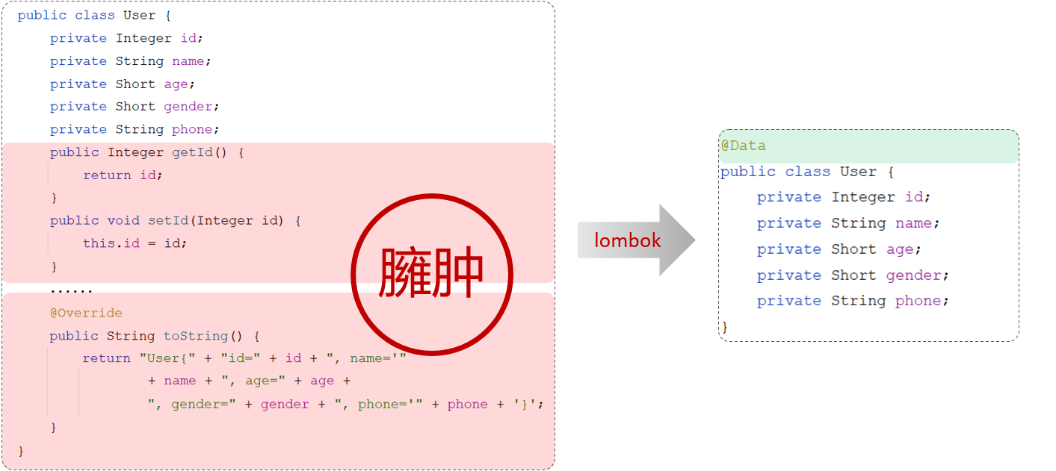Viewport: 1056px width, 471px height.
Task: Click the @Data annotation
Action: click(743, 146)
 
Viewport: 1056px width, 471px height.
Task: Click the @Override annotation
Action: click(86, 313)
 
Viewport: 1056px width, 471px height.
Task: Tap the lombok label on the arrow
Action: click(628, 240)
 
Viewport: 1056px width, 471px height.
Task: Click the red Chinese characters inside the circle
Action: click(431, 274)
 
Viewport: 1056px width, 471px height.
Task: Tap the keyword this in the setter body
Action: click(99, 243)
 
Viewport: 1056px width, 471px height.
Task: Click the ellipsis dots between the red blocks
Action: click(71, 290)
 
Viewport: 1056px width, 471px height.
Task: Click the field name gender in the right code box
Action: click(914, 275)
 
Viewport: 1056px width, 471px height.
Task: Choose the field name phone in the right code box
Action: click(918, 301)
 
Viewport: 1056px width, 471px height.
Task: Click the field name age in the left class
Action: click(176, 84)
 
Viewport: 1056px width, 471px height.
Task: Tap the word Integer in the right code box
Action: click(863, 197)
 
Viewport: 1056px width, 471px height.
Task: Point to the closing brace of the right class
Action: click(724, 326)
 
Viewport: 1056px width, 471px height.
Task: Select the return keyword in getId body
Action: click(107, 175)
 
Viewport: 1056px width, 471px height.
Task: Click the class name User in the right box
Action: click(857, 172)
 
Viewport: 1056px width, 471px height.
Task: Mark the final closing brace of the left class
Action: click(21, 450)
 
